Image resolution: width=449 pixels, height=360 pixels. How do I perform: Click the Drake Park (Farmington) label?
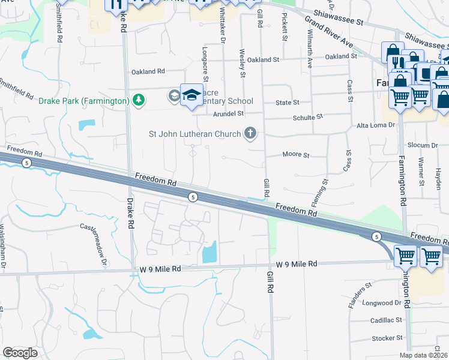point(84,100)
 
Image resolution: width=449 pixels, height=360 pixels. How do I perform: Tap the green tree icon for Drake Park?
point(139,100)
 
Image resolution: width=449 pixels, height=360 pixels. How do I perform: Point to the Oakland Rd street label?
point(148,71)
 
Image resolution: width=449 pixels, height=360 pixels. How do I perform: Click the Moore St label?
point(296,155)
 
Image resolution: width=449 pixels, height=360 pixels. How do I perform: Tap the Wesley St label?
point(243,63)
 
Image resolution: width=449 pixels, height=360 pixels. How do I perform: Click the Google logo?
point(20,353)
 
